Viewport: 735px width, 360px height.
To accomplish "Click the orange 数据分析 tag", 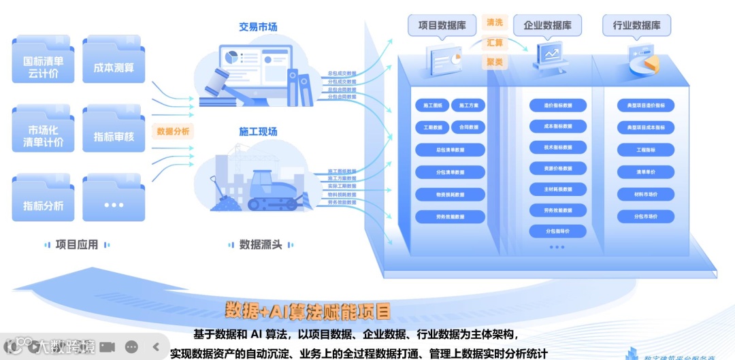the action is [x=173, y=131].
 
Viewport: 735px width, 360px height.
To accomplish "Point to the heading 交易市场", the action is [x=258, y=27].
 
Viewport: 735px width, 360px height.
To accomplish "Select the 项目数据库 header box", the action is [x=442, y=26].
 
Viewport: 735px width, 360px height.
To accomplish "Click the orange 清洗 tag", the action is [x=495, y=22].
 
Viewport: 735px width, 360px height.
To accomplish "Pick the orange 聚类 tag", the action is [x=495, y=62].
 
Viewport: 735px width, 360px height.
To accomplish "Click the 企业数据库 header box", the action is [x=547, y=26].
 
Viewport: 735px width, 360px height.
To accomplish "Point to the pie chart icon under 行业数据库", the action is [x=645, y=63].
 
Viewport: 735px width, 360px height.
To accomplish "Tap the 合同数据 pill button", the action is [x=468, y=127].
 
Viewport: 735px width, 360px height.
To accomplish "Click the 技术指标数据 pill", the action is [x=557, y=147].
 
